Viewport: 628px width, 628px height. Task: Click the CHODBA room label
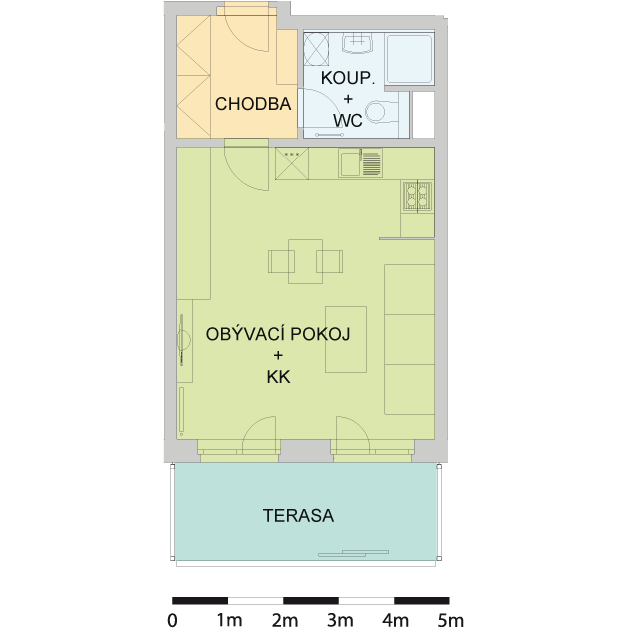pos(253,104)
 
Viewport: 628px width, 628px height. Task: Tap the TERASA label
pos(298,516)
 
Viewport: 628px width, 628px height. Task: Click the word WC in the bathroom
pos(348,120)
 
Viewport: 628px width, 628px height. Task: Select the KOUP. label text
pos(348,78)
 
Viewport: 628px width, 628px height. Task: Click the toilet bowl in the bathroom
pos(380,112)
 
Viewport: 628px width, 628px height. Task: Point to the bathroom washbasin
pos(357,43)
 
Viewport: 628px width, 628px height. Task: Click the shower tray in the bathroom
pos(410,59)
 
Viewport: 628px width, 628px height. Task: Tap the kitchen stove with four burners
pos(418,196)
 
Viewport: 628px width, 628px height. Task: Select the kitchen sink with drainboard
pos(361,163)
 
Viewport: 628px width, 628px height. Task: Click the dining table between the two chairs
pos(306,261)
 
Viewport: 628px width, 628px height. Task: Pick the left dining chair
pos(281,261)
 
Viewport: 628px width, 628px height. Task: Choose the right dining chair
pos(330,261)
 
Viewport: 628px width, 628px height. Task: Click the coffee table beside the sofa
pos(346,340)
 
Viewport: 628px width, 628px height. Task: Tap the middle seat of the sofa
pos(410,340)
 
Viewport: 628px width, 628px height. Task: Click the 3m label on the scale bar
pos(340,620)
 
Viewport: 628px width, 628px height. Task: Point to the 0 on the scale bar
pos(173,620)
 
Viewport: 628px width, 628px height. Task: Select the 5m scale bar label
pos(451,620)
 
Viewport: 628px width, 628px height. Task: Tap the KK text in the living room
pos(278,377)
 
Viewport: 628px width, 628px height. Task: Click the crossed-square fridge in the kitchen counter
pos(292,163)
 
